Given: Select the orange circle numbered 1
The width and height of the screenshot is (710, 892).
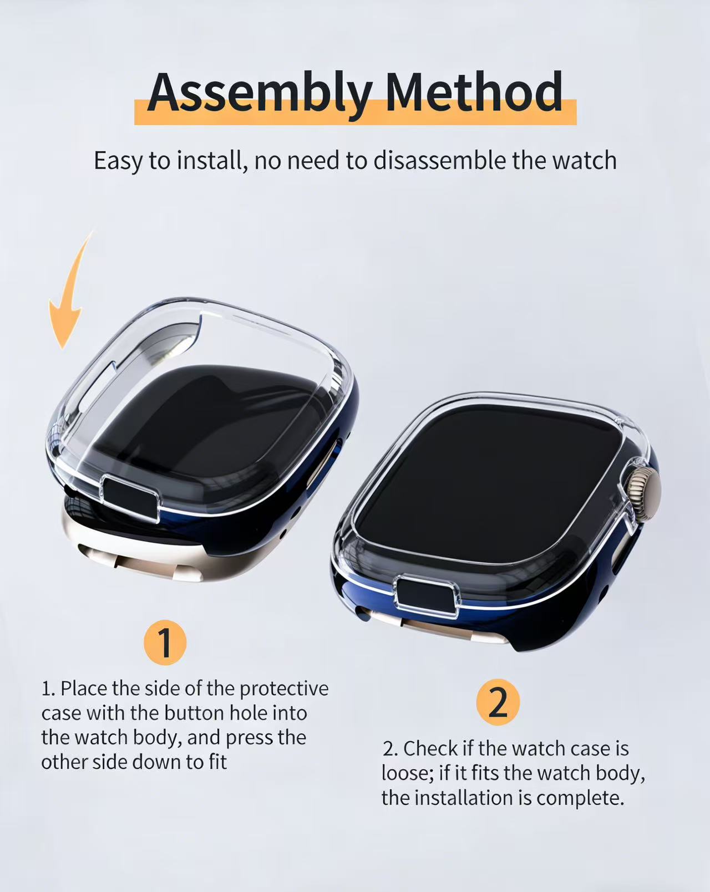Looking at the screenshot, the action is coord(165,642).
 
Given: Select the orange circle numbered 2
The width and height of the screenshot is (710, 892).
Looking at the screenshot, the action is coord(498,702).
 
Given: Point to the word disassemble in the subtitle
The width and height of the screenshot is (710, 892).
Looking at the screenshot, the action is coord(440,161).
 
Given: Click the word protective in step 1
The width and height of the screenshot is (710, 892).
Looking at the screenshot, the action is coord(284,689).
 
